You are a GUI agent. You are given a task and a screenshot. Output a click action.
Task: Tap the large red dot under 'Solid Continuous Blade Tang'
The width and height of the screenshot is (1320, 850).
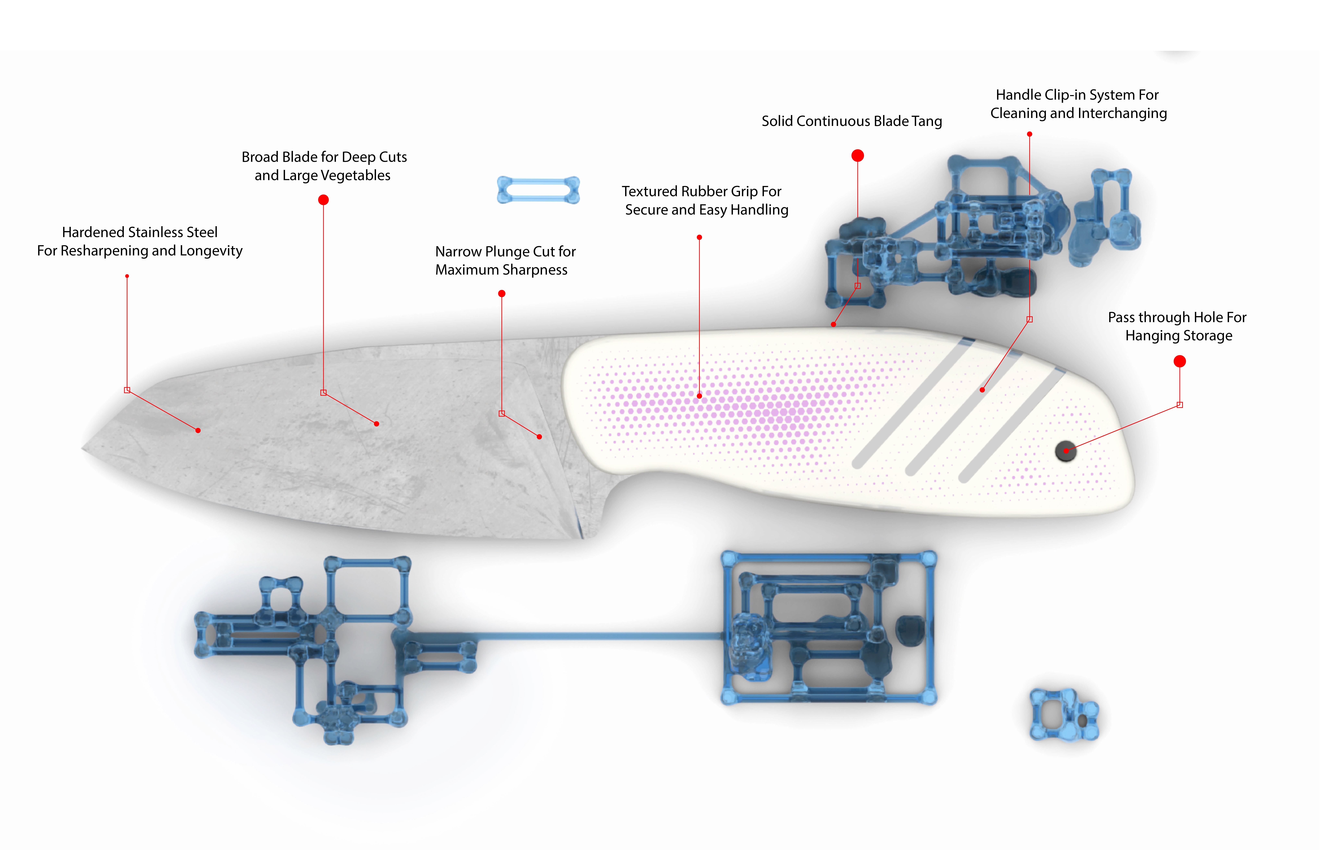tap(857, 156)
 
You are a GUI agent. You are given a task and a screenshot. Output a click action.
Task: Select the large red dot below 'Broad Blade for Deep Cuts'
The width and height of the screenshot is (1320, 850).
tap(323, 200)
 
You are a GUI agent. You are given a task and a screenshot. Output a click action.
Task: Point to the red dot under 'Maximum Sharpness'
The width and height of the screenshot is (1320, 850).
tap(502, 294)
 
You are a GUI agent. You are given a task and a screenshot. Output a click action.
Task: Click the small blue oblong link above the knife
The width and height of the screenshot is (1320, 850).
tap(538, 190)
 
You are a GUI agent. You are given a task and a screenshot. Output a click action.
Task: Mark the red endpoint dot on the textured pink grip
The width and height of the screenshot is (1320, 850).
tap(699, 396)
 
